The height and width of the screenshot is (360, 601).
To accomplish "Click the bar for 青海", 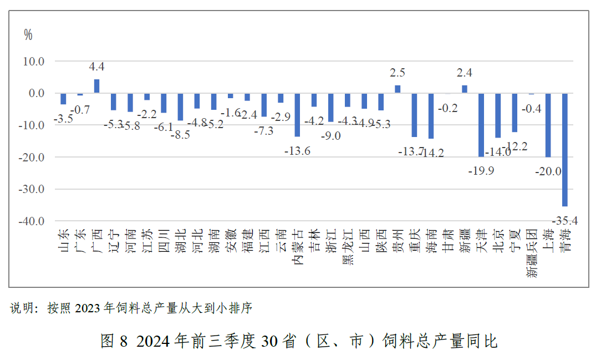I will click(565, 150).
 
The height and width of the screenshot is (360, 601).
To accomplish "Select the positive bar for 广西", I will click(96, 86).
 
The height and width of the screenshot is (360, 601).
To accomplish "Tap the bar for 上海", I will click(548, 125).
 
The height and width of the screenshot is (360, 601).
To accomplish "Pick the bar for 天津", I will click(481, 125).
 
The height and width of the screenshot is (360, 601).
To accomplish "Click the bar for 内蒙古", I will click(297, 115).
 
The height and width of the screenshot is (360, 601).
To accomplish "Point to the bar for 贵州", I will click(398, 89).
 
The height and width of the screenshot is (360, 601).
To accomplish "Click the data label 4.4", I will click(96, 67).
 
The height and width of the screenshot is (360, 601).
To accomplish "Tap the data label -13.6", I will click(297, 150).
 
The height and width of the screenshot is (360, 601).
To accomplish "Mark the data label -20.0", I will click(548, 172).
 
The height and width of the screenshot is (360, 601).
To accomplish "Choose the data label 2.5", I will click(398, 73).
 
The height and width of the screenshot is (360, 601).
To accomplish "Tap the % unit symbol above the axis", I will click(28, 35).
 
